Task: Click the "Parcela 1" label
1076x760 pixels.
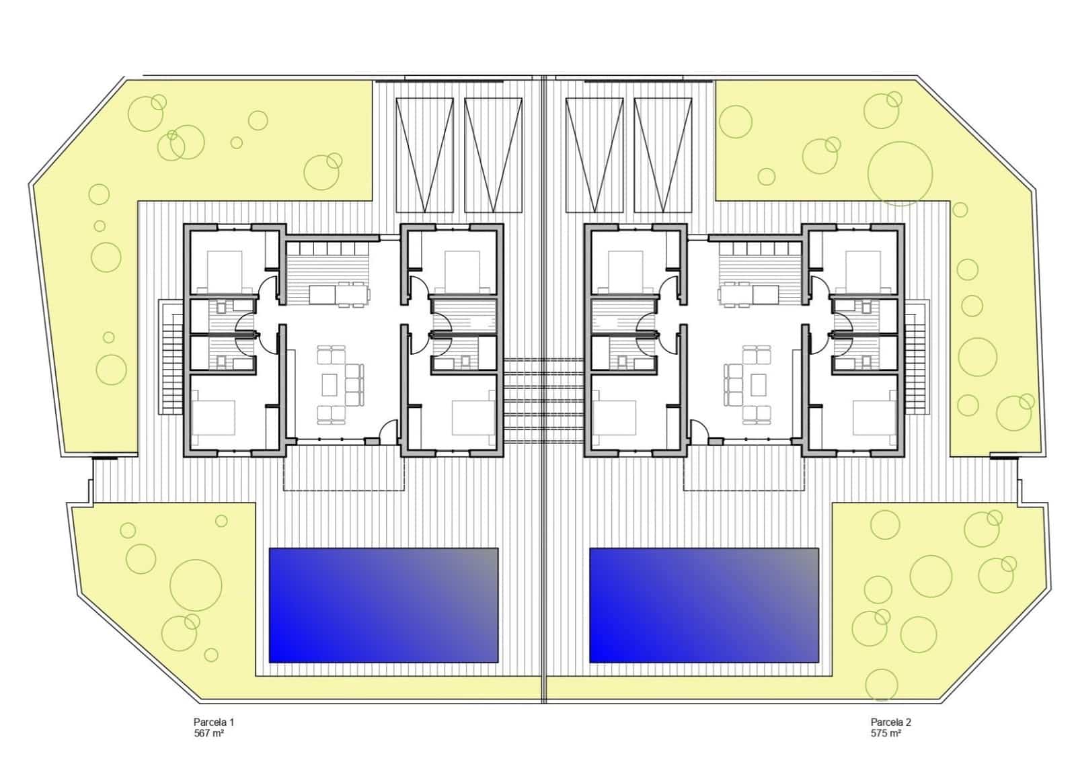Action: click(x=213, y=722)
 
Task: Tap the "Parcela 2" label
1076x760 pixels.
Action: click(x=890, y=722)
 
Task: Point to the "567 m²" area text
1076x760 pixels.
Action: click(x=208, y=734)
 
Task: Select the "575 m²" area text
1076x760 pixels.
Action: click(x=886, y=734)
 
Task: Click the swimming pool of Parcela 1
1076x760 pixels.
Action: click(x=383, y=605)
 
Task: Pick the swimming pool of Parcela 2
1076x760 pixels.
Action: click(x=704, y=605)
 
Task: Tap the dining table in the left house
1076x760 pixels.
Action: click(x=339, y=294)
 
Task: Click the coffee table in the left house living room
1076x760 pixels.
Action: click(x=330, y=385)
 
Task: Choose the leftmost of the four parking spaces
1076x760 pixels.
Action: click(x=424, y=154)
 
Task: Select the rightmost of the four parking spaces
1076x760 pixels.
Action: click(x=662, y=154)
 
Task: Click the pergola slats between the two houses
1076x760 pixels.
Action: click(x=543, y=400)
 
